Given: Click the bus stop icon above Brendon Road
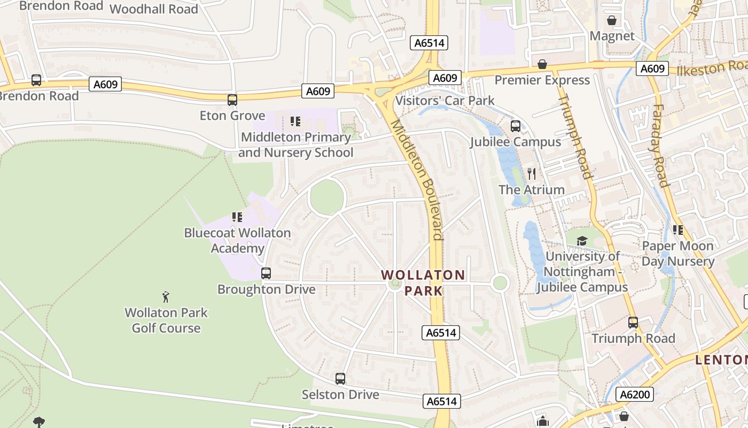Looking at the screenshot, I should point(36,80).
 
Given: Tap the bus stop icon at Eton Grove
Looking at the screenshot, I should point(232,100).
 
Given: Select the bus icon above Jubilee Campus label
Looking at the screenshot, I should point(516,126).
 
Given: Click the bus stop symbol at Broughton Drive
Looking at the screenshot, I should point(266,273).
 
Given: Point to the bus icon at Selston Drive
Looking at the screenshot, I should point(340,379).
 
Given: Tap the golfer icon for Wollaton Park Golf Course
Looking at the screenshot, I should point(166,296).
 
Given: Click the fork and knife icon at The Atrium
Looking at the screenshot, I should point(531,174).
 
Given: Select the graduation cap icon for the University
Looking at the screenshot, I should point(582,241).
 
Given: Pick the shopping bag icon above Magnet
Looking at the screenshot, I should point(612,20).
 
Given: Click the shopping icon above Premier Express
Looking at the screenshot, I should point(542,64).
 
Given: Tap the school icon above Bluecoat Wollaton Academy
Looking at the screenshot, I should point(237,217).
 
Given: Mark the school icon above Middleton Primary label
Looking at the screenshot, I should point(295,121).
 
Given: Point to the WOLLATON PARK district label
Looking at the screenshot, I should point(423,282).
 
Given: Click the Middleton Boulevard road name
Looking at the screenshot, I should point(417,179).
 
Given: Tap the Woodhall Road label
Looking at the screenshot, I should point(154,9).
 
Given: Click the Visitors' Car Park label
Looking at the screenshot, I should point(445,101).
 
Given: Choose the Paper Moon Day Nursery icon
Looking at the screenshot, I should point(678,230).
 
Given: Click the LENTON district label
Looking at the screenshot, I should point(721,360).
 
